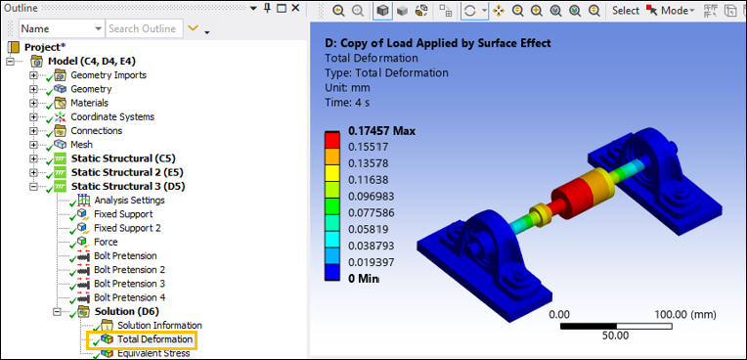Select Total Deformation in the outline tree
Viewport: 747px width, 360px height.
click(x=154, y=339)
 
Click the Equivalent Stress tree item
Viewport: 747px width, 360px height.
click(x=154, y=353)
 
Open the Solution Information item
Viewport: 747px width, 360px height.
click(x=159, y=326)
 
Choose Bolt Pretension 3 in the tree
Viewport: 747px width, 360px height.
click(x=129, y=284)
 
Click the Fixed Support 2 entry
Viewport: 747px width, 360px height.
click(x=127, y=228)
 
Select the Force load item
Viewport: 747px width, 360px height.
click(x=106, y=242)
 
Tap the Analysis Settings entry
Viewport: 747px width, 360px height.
click(x=129, y=201)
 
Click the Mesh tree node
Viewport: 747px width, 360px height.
click(x=81, y=145)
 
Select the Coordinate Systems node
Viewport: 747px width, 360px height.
click(x=111, y=116)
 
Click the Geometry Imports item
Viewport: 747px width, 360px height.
click(x=109, y=75)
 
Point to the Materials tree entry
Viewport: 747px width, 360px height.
click(x=89, y=103)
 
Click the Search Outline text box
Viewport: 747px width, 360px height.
click(x=143, y=29)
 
